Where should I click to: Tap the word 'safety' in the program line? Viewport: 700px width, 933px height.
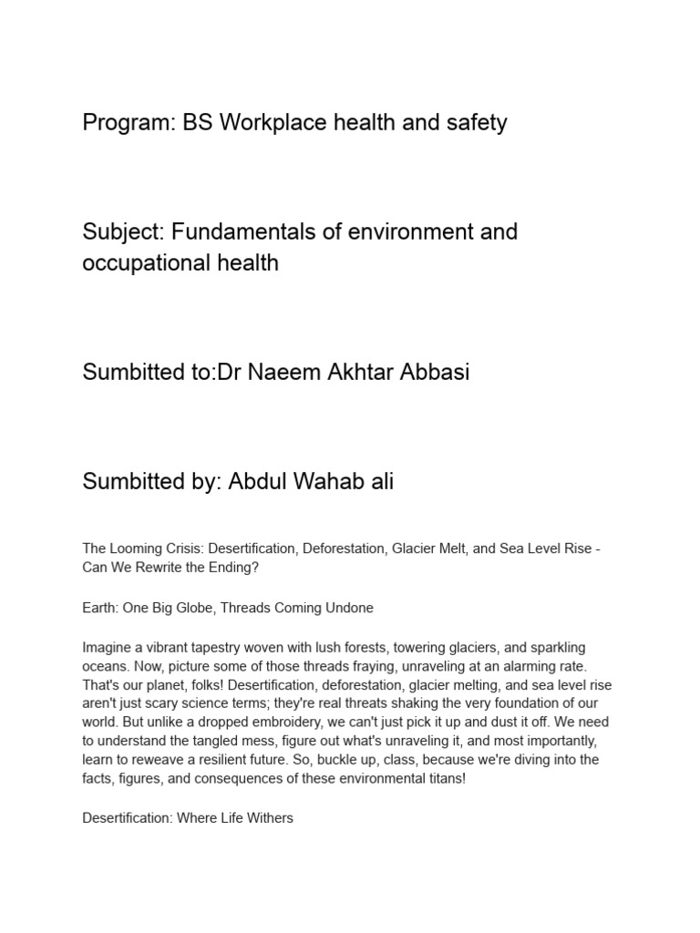[x=476, y=123]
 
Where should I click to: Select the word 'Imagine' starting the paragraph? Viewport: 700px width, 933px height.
[x=107, y=648]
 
